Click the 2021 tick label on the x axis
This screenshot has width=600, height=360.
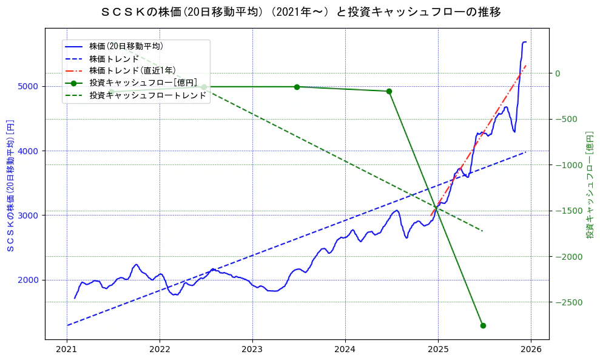[67, 350]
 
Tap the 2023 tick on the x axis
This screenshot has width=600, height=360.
[252, 350]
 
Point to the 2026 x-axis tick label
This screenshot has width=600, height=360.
[531, 350]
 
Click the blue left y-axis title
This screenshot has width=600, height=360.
[10, 185]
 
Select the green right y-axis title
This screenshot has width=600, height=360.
[589, 185]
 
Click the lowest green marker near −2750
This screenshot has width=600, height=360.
[483, 325]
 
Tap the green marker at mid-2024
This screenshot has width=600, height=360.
[389, 91]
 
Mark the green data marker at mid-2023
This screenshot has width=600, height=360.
[297, 87]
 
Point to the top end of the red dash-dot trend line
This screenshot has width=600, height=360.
[525, 65]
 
